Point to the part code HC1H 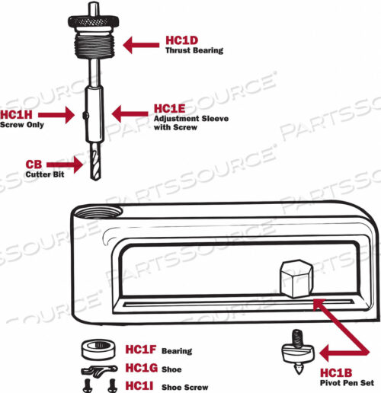click(17, 114)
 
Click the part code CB click(34, 164)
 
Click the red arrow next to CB click(66, 163)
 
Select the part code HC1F click(139, 350)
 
